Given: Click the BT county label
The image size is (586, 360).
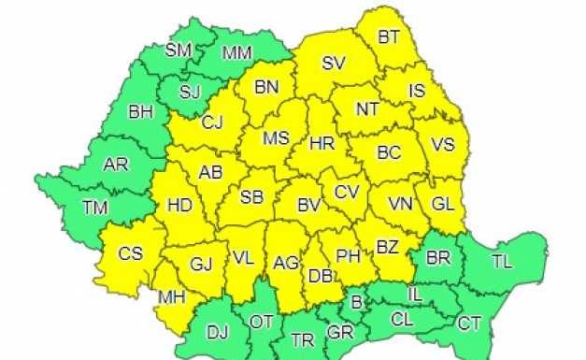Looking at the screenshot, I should point(389,37).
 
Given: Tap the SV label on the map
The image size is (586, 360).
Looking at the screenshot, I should point(333,65).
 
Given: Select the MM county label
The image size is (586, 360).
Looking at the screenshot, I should point(236,53).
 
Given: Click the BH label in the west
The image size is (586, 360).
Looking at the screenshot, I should point(140,112).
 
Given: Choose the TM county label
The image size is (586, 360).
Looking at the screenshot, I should point(94,208).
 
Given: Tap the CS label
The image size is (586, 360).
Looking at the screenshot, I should point(130,253).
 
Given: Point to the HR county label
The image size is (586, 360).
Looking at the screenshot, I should point(322,145).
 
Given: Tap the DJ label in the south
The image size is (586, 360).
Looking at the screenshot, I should point(217,330).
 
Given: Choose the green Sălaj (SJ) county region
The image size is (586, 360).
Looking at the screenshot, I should point(190,92).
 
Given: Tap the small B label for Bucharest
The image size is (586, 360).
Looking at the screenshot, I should point(355,301).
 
